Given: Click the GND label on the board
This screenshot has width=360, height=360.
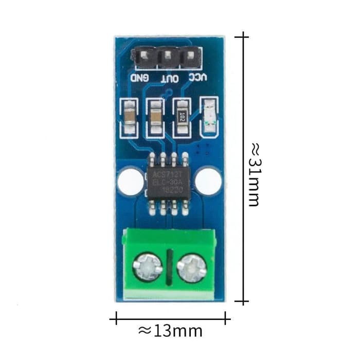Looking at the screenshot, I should tap(140, 79).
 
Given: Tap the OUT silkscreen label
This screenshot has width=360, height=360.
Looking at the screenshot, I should tap(170, 79).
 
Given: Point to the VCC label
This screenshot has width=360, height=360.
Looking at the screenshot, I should tap(197, 78).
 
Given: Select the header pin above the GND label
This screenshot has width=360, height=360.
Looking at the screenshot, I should tap(144, 55).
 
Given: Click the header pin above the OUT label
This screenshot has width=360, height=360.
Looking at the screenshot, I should tap(167, 55).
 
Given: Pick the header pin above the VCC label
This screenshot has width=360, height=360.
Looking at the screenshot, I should tap(190, 55).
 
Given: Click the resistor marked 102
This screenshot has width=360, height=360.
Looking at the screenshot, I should tap(181, 117).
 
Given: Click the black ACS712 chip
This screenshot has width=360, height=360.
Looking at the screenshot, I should tap(168, 183).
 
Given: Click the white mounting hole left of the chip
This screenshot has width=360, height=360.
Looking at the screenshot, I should tap(130, 181).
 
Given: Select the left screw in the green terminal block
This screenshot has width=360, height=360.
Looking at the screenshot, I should tap(147, 266).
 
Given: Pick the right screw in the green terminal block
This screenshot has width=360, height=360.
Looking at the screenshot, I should tap(191, 267).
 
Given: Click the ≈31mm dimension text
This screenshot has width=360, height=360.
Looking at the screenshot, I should tap(253, 175).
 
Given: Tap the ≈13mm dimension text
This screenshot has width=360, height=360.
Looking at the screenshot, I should tap(170, 331).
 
